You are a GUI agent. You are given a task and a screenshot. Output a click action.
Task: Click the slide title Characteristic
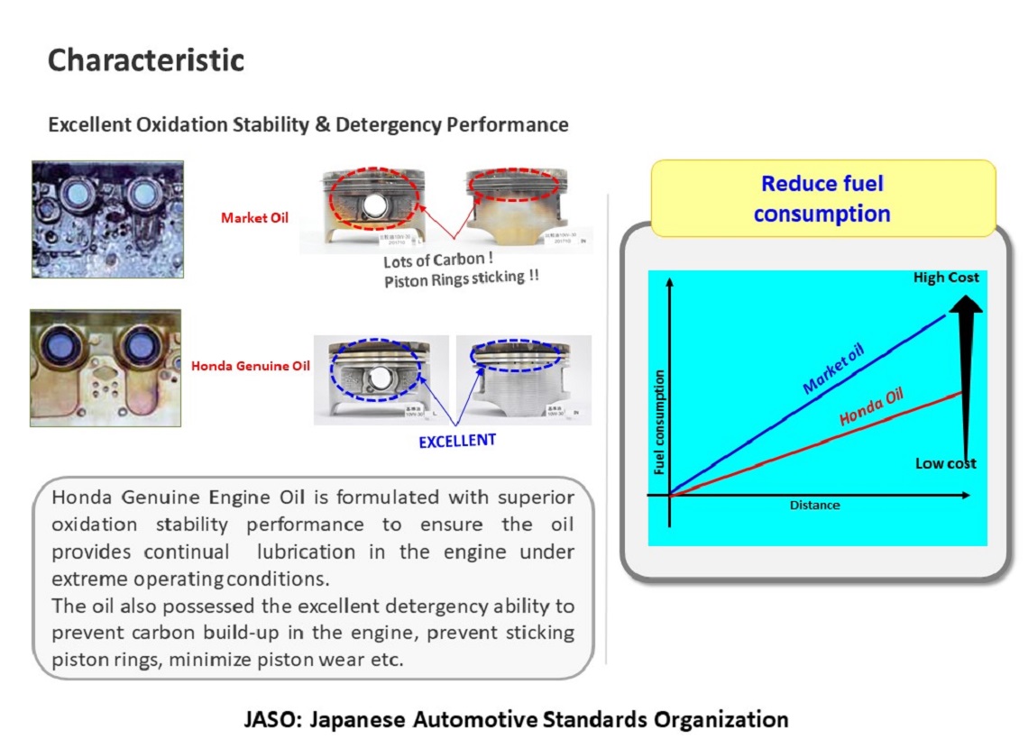[x=145, y=60]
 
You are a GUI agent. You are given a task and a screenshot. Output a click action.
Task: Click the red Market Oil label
[x=254, y=217]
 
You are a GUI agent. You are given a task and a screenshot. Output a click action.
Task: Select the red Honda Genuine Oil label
[x=250, y=366]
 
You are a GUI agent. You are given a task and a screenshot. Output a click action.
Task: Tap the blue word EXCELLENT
[x=457, y=442]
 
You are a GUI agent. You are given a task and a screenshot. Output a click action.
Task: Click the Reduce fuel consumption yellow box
[x=822, y=198]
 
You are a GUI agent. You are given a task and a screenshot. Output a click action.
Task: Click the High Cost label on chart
[x=945, y=278]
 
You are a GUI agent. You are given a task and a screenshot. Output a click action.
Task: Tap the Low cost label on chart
[x=945, y=463]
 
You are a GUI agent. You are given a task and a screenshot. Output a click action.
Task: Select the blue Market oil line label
[x=832, y=367]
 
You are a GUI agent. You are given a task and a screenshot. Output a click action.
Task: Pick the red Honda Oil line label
[x=871, y=406]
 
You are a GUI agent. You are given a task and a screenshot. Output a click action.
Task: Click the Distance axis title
[x=814, y=506]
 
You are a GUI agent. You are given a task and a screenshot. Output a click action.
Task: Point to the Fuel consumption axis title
[x=659, y=422]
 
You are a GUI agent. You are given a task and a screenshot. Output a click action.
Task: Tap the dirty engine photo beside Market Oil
[x=107, y=219]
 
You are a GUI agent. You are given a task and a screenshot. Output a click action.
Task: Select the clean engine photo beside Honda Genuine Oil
[x=106, y=368]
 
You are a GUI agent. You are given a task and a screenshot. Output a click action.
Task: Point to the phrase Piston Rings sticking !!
[x=461, y=278]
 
